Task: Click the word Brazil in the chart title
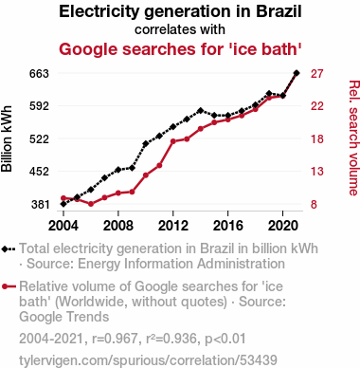[x=279, y=11]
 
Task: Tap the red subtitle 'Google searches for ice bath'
[x=180, y=49]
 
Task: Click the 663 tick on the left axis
[x=39, y=74]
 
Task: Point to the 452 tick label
[x=39, y=172]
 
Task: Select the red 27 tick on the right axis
[x=317, y=74]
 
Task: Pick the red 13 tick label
[x=317, y=172]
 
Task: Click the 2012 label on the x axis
[x=173, y=226]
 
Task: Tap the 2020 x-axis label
[x=283, y=226]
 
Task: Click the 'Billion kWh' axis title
[x=7, y=139]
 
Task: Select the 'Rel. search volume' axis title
[x=354, y=138]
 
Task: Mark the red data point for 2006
[x=91, y=204]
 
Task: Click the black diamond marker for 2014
[x=201, y=111]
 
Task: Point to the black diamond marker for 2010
[x=146, y=144]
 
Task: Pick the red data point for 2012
[x=173, y=141]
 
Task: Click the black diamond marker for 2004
[x=63, y=204]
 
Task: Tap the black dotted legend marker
[x=9, y=249]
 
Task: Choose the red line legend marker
[x=9, y=286]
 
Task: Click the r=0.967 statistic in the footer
[x=115, y=339]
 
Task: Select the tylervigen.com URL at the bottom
[x=148, y=360]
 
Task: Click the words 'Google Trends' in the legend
[x=64, y=317]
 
